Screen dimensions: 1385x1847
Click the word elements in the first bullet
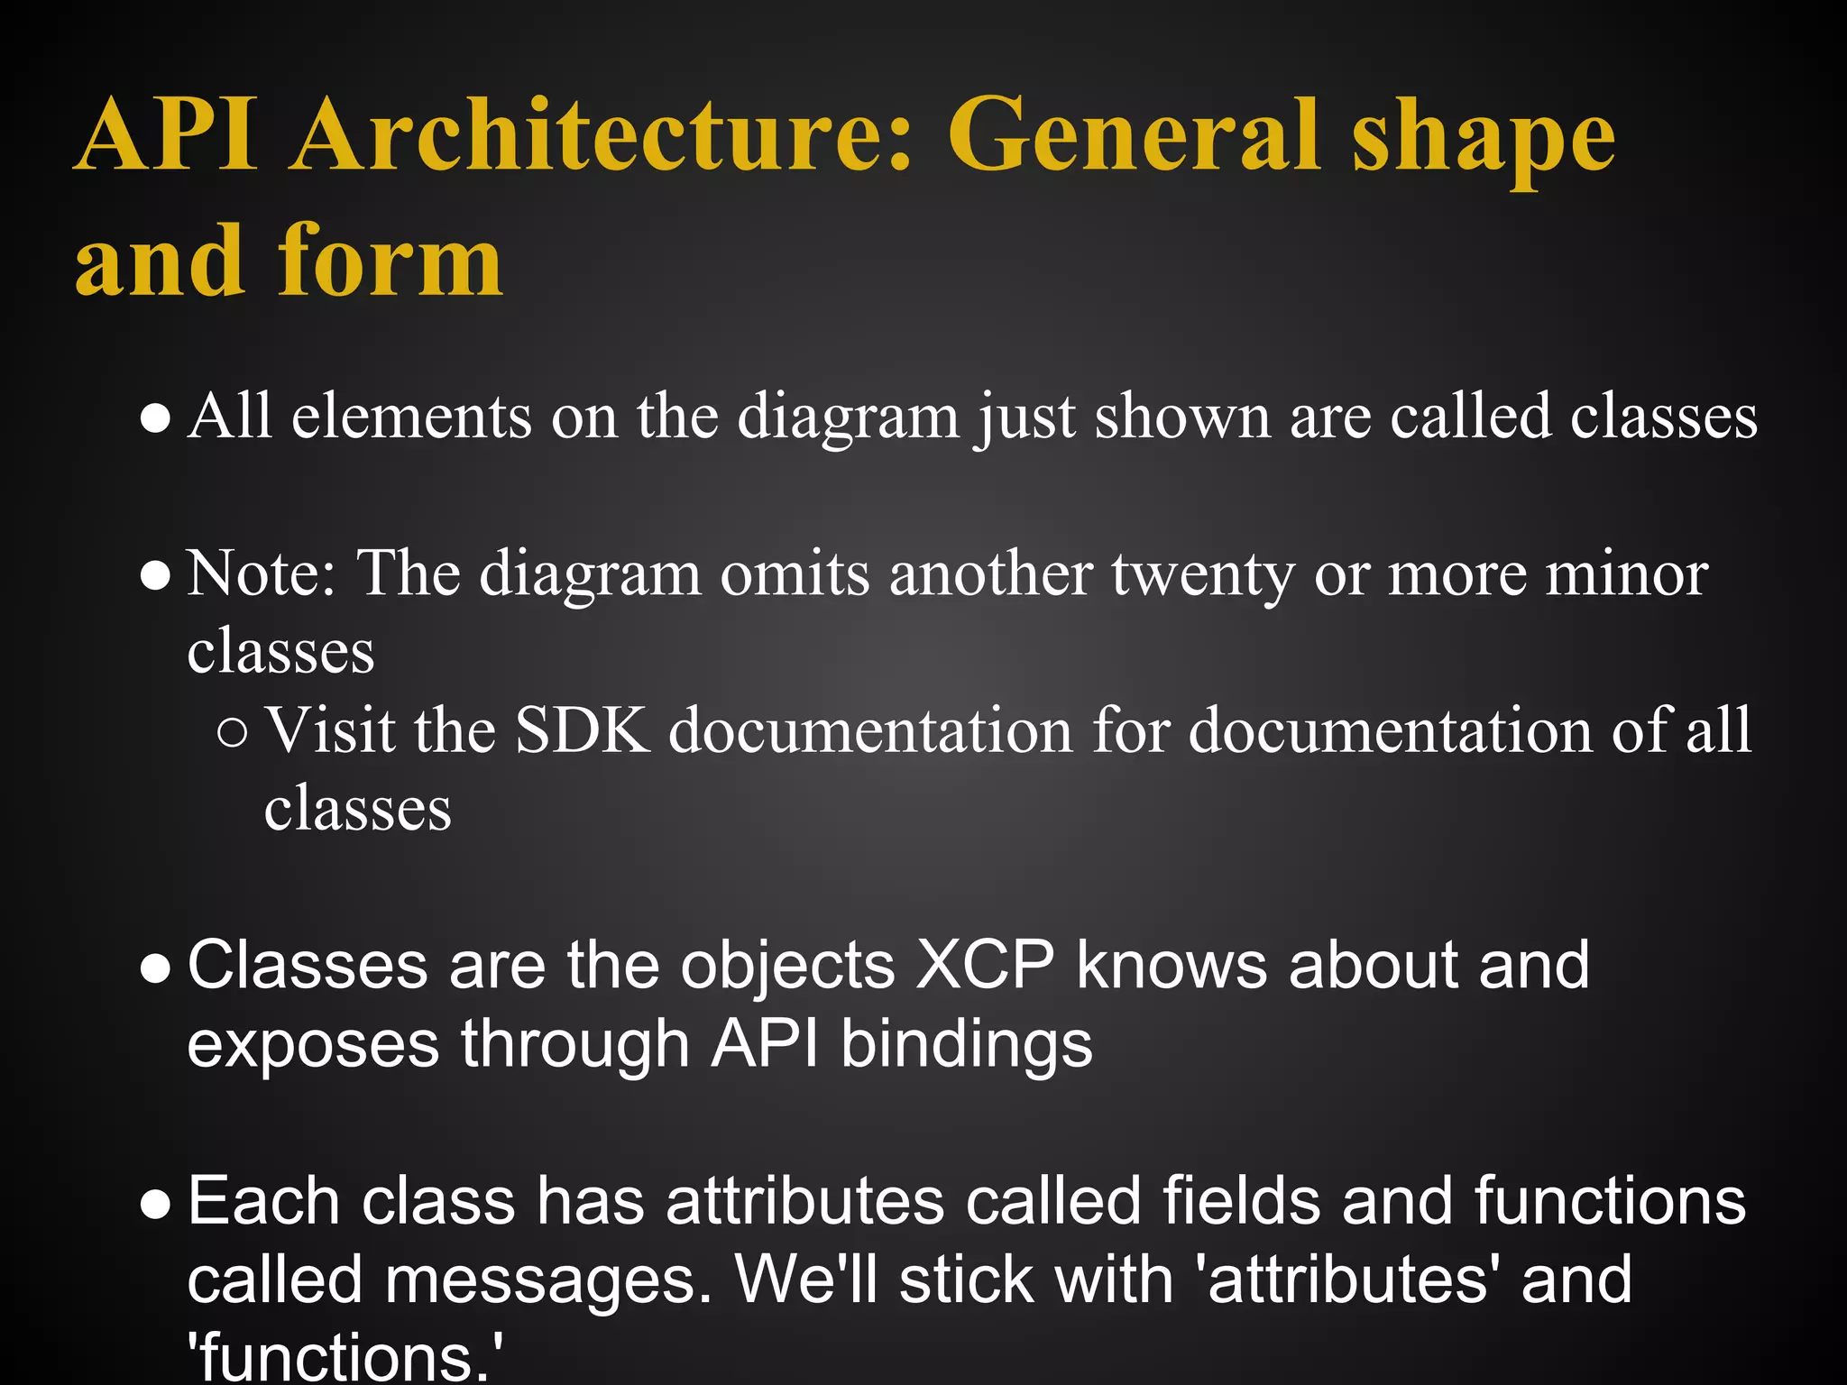point(411,417)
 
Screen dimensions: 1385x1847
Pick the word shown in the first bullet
point(1181,417)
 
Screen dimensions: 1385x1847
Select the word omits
point(795,573)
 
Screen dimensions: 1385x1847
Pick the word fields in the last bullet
point(1241,1202)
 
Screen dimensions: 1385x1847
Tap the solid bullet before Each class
point(156,1205)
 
